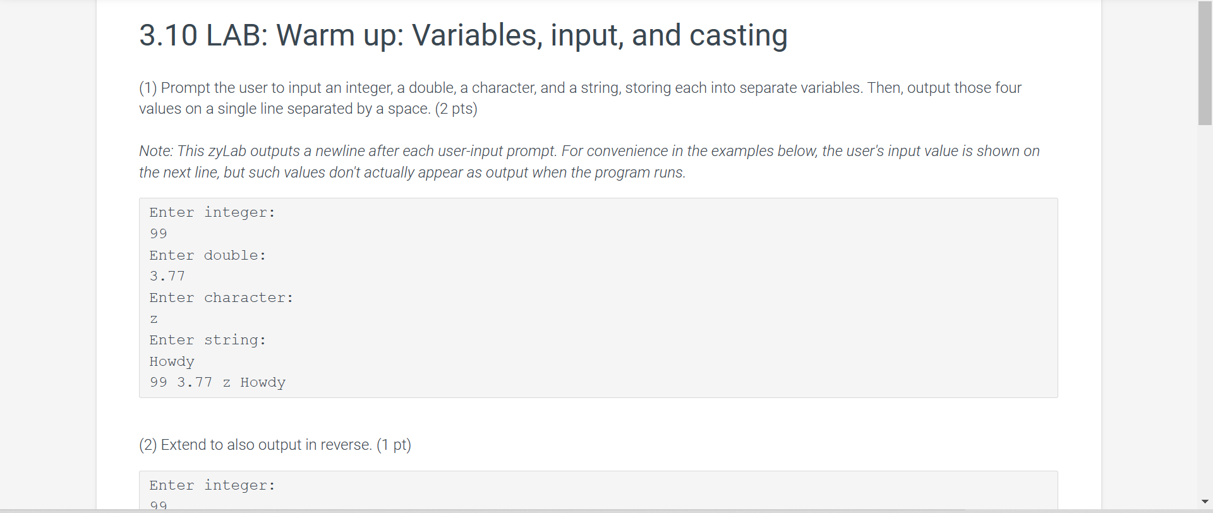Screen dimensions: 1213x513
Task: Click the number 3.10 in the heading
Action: (x=168, y=35)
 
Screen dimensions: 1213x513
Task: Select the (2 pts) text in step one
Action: (x=456, y=109)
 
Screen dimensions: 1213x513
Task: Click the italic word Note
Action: (x=156, y=151)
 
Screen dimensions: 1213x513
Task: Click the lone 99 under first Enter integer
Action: (x=159, y=234)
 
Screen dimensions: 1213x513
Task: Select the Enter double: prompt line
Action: (x=208, y=255)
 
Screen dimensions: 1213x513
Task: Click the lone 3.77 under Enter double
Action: (x=167, y=276)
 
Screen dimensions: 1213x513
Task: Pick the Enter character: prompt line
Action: (x=222, y=298)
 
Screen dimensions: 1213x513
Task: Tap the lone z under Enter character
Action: (x=154, y=320)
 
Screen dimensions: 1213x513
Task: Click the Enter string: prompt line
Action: (x=208, y=340)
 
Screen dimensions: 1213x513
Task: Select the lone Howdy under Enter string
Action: (x=172, y=361)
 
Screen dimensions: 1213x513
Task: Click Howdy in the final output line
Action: (x=263, y=382)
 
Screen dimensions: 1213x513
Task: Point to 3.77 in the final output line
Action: (x=195, y=382)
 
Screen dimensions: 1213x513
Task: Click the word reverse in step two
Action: (x=346, y=445)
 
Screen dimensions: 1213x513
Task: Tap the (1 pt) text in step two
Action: (x=394, y=445)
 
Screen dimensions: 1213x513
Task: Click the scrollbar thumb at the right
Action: (x=1205, y=63)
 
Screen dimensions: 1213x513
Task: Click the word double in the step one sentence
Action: (x=432, y=88)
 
